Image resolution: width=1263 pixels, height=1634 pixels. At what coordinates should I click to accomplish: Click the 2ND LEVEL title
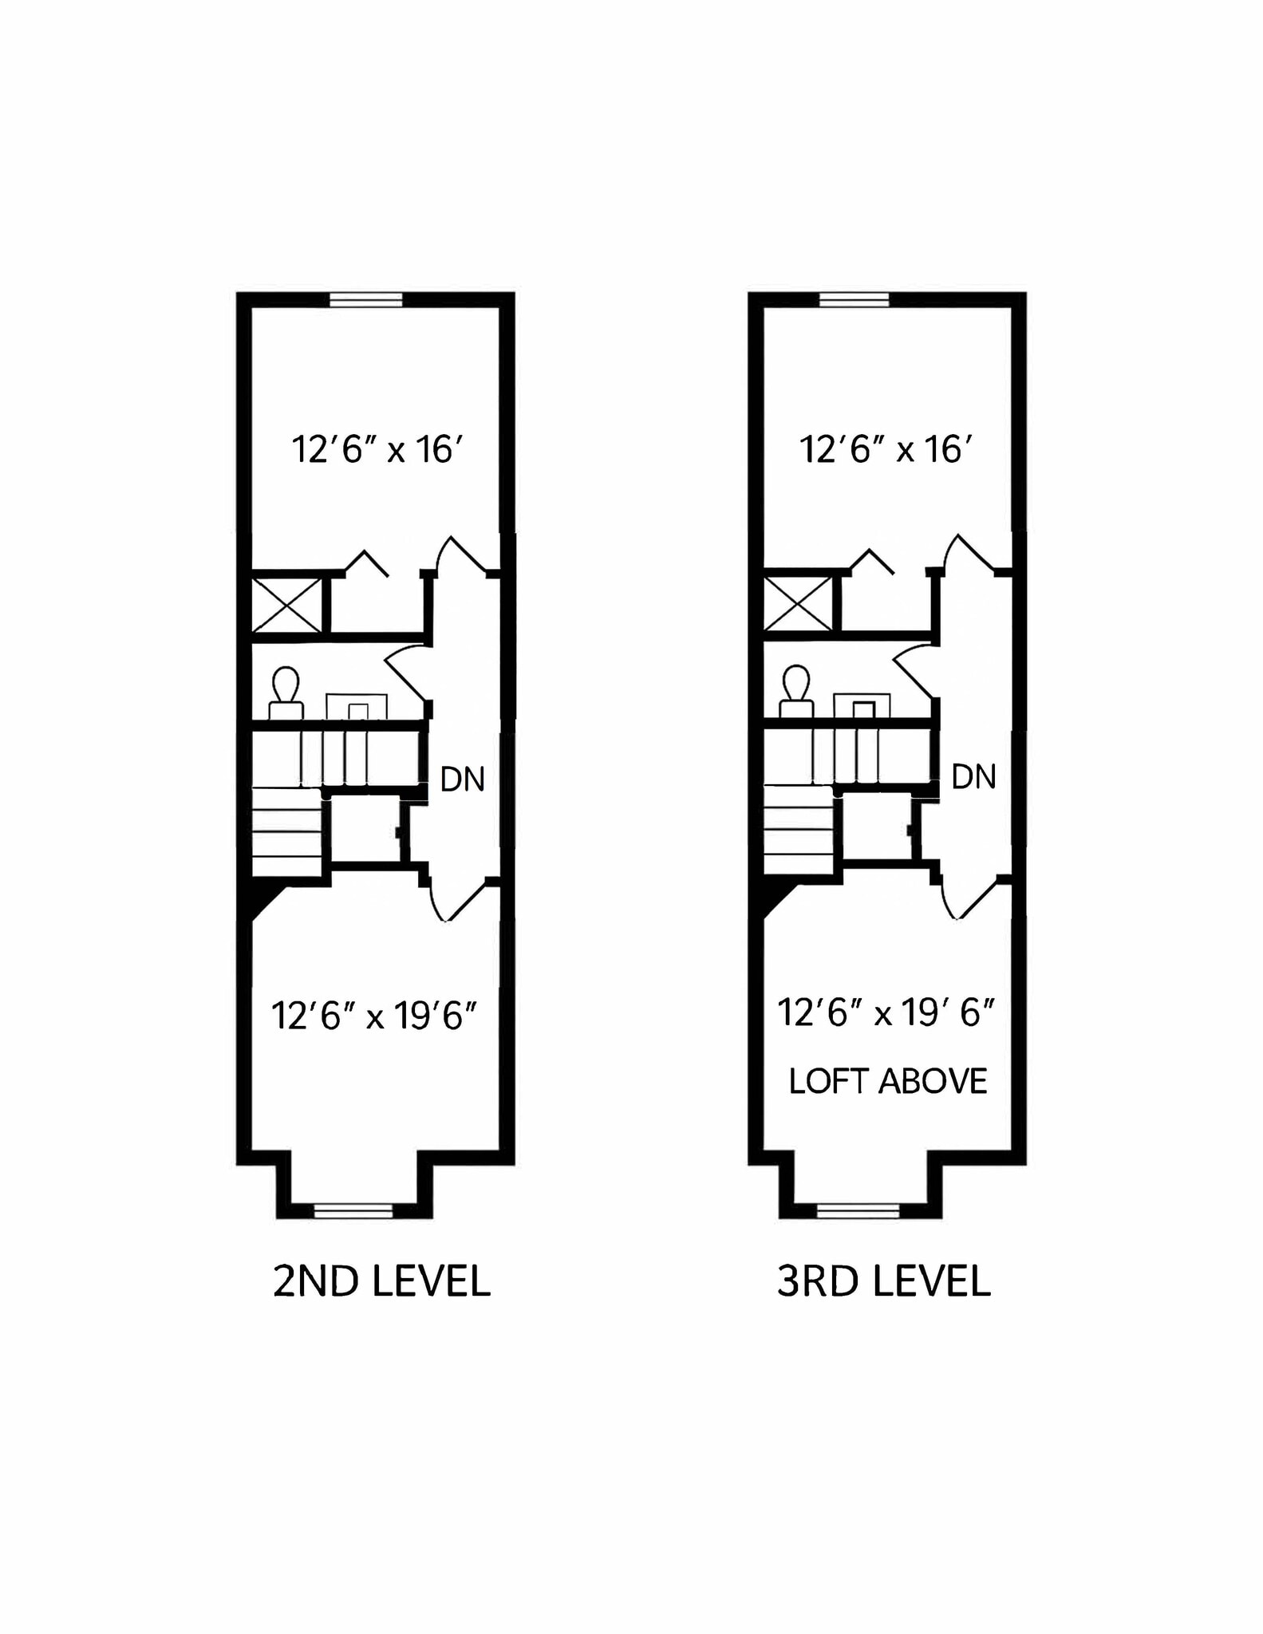pyautogui.click(x=381, y=1282)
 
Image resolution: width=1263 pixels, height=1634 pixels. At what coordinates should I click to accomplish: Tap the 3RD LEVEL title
pyautogui.click(x=884, y=1282)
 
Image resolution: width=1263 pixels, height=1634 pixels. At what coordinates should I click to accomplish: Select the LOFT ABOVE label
pyautogui.click(x=888, y=1082)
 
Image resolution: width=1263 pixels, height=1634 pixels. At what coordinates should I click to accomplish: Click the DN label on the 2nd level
pyautogui.click(x=463, y=780)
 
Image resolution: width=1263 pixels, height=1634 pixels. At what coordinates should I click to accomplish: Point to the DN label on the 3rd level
pyautogui.click(x=974, y=777)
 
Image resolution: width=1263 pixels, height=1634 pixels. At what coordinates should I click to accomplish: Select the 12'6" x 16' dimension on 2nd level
pyautogui.click(x=377, y=450)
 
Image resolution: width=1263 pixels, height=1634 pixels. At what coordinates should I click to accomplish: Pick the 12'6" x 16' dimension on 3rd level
pyautogui.click(x=886, y=450)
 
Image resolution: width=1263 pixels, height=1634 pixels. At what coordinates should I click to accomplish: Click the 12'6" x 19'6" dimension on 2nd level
pyautogui.click(x=374, y=1016)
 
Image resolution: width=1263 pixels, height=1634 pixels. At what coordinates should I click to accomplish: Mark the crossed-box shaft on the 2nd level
pyautogui.click(x=286, y=605)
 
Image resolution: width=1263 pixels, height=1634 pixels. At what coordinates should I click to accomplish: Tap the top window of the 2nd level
pyautogui.click(x=366, y=300)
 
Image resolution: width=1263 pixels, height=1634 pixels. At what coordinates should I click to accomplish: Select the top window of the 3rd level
pyautogui.click(x=854, y=300)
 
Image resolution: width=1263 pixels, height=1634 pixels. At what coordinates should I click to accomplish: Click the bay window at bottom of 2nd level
pyautogui.click(x=353, y=1211)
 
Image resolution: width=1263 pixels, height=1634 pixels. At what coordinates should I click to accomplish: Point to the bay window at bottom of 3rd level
pyautogui.click(x=858, y=1211)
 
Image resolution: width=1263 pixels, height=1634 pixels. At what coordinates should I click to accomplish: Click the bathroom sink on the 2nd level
pyautogui.click(x=357, y=708)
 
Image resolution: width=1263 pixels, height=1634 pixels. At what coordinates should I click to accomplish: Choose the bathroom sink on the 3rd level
pyautogui.click(x=862, y=707)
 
